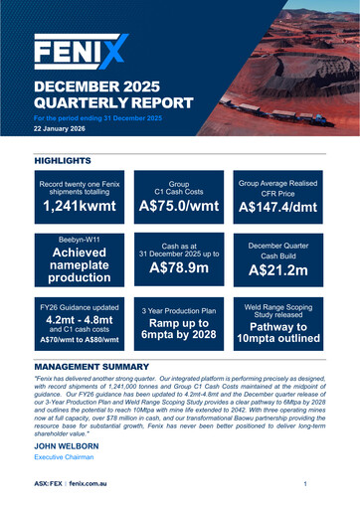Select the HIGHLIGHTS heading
coord(63,160)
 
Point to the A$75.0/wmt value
coord(179,207)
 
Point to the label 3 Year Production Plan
coord(179,311)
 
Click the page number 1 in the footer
coord(304,483)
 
